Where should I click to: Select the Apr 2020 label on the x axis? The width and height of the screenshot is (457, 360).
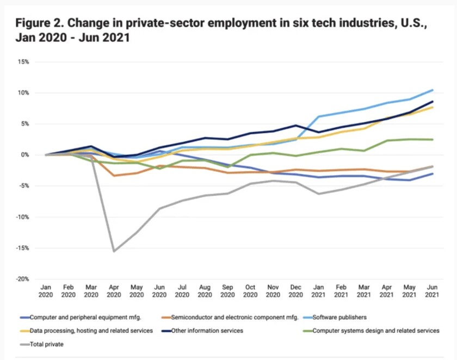(x=114, y=291)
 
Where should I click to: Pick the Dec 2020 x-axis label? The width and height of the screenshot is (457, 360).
(x=295, y=291)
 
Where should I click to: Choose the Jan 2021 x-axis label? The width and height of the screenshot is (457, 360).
(x=318, y=291)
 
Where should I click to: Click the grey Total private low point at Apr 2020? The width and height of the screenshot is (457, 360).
(x=114, y=251)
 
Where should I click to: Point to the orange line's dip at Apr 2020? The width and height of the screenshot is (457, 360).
(x=114, y=176)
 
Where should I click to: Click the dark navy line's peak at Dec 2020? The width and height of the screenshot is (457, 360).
(x=295, y=125)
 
